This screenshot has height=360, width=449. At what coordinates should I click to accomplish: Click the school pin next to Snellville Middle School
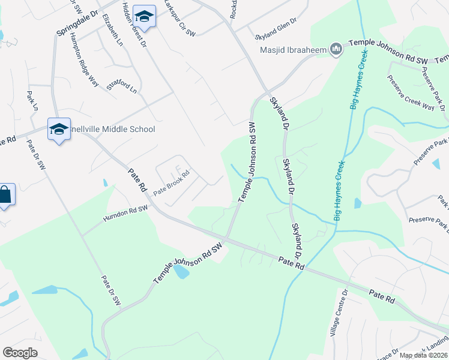(x=59, y=129)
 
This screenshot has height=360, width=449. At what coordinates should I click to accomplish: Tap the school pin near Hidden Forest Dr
(x=144, y=16)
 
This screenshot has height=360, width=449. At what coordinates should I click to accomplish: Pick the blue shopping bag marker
(x=5, y=196)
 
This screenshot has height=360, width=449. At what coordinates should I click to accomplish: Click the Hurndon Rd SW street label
(x=125, y=212)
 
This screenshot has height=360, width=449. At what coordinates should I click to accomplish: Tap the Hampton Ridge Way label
(x=84, y=59)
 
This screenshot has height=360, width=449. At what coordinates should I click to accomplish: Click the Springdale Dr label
(x=77, y=21)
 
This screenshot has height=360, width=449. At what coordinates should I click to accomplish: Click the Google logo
(x=20, y=353)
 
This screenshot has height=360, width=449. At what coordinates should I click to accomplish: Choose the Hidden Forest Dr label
(x=134, y=24)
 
